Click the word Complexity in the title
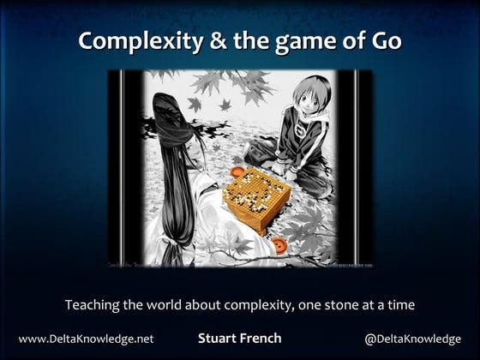141,42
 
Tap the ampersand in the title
219,41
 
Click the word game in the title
305,44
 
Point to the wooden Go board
256,198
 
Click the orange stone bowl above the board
237,171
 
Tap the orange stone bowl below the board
279,245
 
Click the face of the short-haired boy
309,98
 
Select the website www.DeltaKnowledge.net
86,339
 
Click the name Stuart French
240,339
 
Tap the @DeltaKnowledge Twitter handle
412,339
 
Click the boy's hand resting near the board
290,175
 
